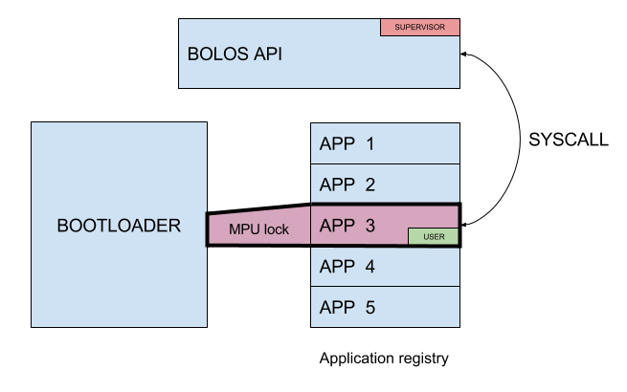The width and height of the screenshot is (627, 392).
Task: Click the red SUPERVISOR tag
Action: pyautogui.click(x=420, y=27)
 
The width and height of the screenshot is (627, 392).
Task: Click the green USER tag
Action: pyautogui.click(x=434, y=235)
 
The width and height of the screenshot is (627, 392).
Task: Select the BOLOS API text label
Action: pyautogui.click(x=234, y=54)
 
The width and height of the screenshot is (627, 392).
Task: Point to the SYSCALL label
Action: pyautogui.click(x=569, y=140)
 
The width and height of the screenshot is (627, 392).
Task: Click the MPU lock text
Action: pyautogui.click(x=258, y=229)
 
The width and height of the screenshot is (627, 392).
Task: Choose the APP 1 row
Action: pyautogui.click(x=386, y=144)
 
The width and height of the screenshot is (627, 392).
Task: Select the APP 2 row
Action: pyautogui.click(x=386, y=185)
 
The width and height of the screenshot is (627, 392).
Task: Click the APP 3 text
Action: pyautogui.click(x=347, y=226)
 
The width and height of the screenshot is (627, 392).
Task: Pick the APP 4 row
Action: pyautogui.click(x=386, y=267)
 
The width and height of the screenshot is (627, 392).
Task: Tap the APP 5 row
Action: pyautogui.click(x=386, y=307)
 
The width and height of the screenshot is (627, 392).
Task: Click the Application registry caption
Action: pyautogui.click(x=384, y=359)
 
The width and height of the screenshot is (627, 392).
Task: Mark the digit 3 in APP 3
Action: pyautogui.click(x=369, y=226)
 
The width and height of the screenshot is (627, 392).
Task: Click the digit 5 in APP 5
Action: pyautogui.click(x=369, y=307)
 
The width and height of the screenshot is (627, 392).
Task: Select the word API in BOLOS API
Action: pyautogui.click(x=265, y=54)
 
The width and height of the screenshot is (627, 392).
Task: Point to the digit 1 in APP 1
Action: pyautogui.click(x=369, y=144)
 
